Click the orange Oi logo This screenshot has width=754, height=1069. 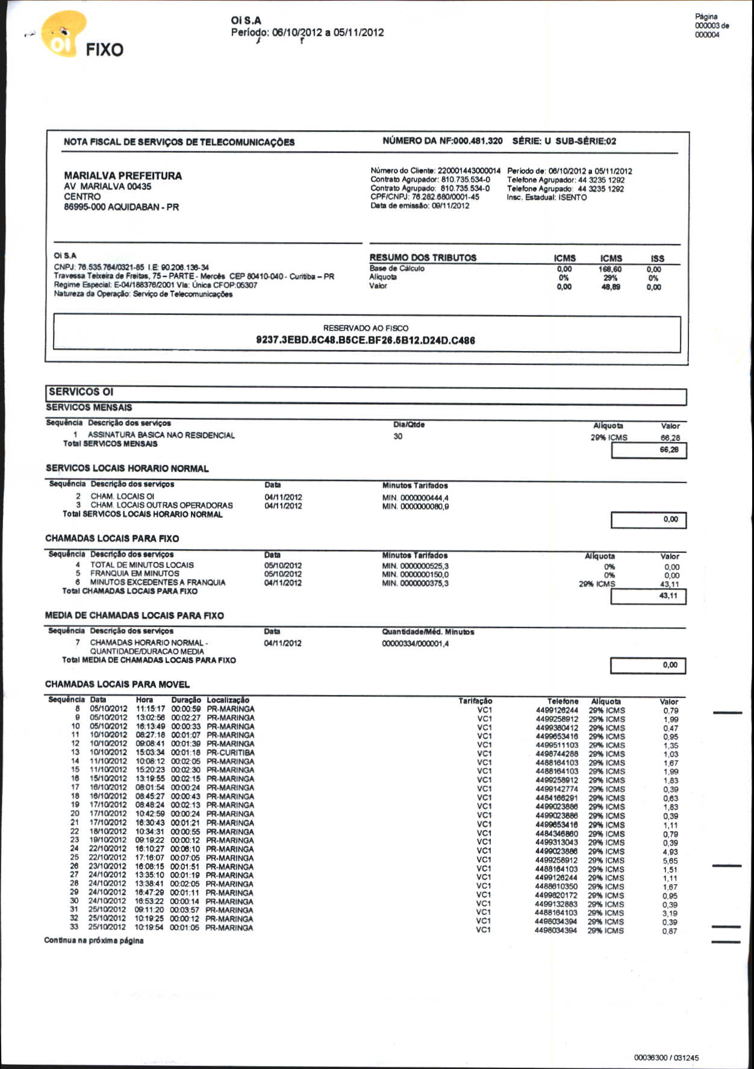(63, 35)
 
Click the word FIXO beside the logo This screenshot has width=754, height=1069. (104, 49)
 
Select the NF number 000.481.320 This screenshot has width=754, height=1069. (478, 141)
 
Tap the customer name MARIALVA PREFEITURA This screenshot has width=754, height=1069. (123, 176)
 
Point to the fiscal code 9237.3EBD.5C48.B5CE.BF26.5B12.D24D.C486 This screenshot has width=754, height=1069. (366, 340)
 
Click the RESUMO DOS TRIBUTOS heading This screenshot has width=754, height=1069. (423, 258)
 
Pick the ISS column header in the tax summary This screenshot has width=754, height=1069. (657, 258)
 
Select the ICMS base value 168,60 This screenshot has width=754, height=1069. (610, 269)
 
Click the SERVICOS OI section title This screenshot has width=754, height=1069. (81, 392)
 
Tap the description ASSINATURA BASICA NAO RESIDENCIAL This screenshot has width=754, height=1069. (161, 435)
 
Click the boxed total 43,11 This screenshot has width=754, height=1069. (668, 596)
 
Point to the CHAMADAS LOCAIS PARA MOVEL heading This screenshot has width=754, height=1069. (117, 684)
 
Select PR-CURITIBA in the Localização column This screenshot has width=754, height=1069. (230, 752)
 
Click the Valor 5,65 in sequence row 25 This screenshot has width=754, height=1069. (670, 861)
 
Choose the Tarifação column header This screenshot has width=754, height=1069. (475, 701)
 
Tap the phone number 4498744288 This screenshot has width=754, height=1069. (556, 754)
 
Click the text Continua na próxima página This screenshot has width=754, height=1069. (93, 941)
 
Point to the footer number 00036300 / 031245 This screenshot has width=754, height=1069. (666, 1058)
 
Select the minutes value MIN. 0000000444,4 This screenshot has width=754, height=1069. (415, 498)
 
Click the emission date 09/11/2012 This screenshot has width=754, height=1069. (450, 206)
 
